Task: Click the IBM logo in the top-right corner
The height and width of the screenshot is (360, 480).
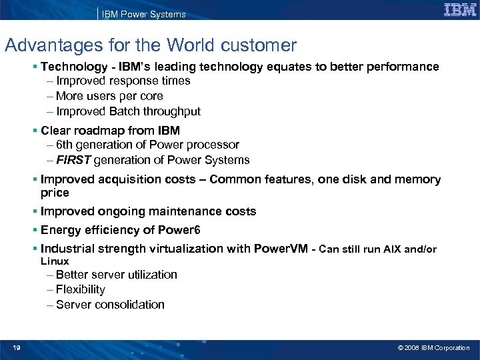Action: (x=459, y=10)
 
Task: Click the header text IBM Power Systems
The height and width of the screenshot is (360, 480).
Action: (x=143, y=14)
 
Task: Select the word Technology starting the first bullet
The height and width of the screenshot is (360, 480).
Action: (x=73, y=67)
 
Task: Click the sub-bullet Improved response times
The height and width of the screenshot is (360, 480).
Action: (x=123, y=81)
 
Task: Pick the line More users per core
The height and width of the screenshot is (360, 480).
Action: (x=109, y=96)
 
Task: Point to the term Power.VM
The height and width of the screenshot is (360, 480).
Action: (x=281, y=249)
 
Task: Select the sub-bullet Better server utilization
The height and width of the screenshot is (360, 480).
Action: (x=116, y=275)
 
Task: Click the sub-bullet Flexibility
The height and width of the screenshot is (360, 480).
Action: (x=81, y=289)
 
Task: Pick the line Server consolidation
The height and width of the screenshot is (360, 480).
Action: (x=110, y=305)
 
